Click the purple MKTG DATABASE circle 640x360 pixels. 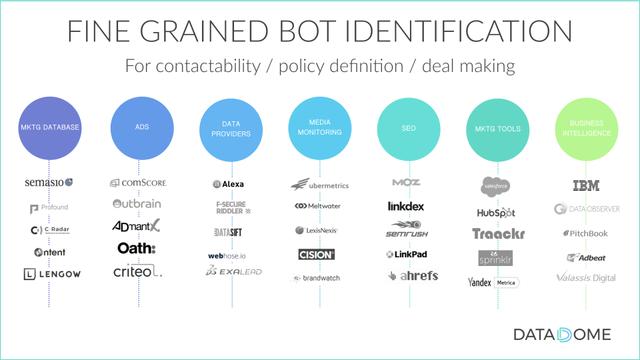(49, 128)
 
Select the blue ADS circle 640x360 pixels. (139, 128)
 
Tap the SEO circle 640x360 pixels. (409, 129)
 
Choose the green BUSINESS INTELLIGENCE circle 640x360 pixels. (586, 129)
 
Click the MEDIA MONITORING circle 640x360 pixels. (319, 128)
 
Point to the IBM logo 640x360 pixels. (586, 186)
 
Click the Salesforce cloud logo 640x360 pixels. (497, 186)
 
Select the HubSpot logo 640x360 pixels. (497, 213)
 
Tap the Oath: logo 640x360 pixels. (136, 248)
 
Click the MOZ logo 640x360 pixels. (407, 182)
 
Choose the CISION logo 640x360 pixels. (317, 254)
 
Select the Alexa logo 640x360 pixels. (229, 184)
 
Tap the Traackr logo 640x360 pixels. (498, 234)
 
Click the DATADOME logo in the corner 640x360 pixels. (562, 334)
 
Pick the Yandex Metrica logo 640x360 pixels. (493, 283)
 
